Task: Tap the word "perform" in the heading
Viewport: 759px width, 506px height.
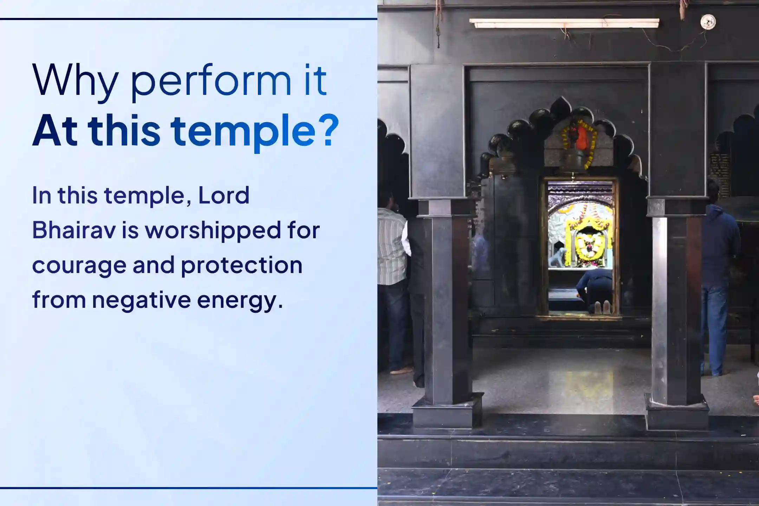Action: click(211, 82)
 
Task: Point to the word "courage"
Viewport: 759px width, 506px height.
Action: click(79, 265)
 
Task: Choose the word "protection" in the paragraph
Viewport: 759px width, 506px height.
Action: click(242, 265)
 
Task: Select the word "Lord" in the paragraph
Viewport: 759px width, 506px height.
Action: click(224, 195)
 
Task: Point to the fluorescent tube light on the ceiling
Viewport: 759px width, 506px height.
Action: click(564, 23)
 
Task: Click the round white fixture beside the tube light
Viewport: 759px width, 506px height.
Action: click(708, 22)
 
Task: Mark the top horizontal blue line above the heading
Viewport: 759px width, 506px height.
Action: click(188, 19)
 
